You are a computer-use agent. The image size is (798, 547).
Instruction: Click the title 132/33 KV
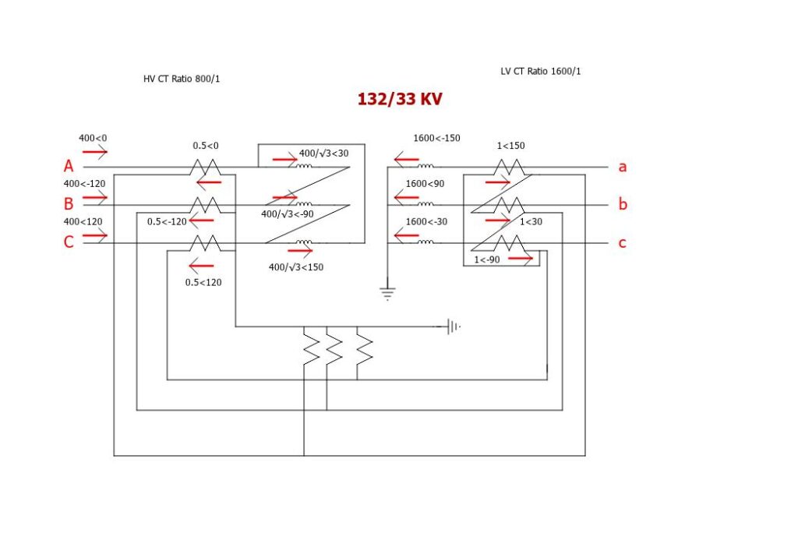tap(400, 100)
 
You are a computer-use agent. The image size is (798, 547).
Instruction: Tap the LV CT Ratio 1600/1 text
tap(540, 72)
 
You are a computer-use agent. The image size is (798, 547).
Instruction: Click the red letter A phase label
tap(69, 167)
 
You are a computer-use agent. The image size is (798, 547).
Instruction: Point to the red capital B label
tap(69, 204)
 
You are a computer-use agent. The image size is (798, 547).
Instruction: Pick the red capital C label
tap(69, 242)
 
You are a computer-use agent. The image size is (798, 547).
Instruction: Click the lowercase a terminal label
tap(623, 167)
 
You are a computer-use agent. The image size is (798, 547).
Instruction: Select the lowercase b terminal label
tap(623, 204)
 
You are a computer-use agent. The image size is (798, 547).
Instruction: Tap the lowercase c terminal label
tap(622, 243)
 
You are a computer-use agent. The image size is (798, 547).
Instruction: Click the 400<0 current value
tap(92, 138)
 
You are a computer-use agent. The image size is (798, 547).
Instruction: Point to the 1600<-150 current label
tap(436, 138)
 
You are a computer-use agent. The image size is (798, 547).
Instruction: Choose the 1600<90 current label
tap(424, 184)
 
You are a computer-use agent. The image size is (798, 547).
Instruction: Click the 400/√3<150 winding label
tap(295, 267)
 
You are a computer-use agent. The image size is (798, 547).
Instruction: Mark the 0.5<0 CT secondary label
tap(206, 146)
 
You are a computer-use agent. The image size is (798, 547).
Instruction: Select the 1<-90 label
tap(487, 259)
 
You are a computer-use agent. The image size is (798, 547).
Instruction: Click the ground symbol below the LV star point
tap(387, 293)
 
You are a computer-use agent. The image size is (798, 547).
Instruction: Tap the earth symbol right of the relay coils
tap(453, 327)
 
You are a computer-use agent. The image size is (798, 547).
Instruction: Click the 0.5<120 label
tap(203, 282)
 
